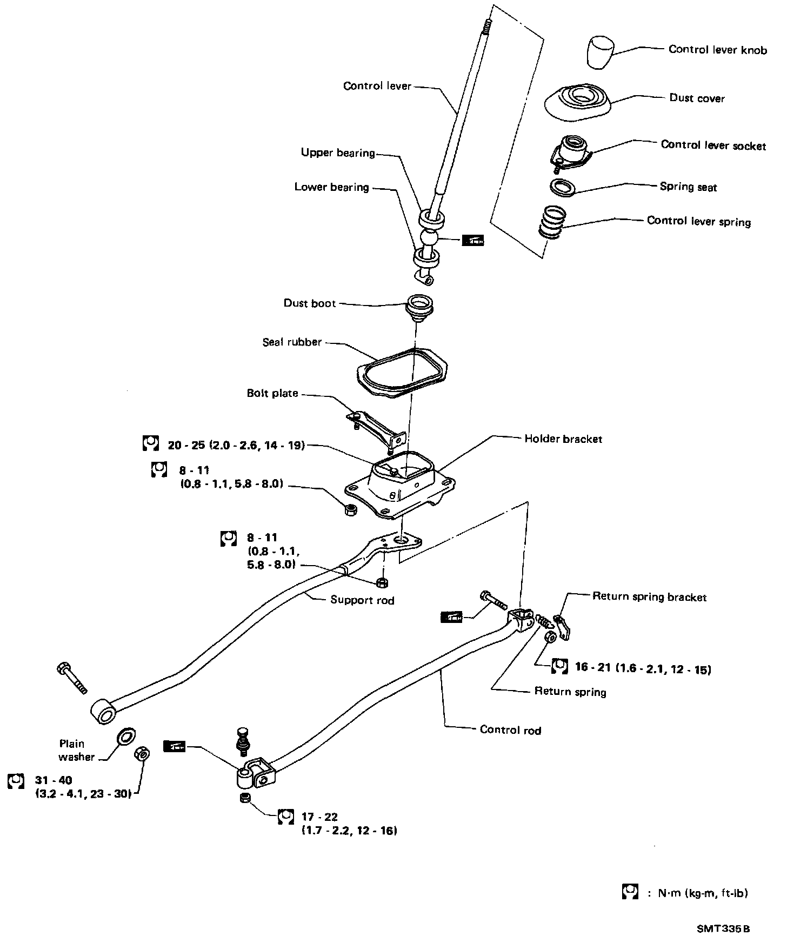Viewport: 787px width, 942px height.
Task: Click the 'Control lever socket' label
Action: tap(713, 145)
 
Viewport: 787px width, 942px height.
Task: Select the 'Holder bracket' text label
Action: tap(563, 439)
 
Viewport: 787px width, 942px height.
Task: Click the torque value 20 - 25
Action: tap(236, 446)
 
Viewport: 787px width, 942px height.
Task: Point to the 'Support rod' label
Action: tap(362, 600)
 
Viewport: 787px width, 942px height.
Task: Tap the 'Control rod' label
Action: tap(510, 730)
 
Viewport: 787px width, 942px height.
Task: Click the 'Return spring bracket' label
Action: tap(649, 597)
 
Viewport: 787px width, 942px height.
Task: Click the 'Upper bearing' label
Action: tap(338, 153)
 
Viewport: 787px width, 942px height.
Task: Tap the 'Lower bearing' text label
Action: tap(331, 187)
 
